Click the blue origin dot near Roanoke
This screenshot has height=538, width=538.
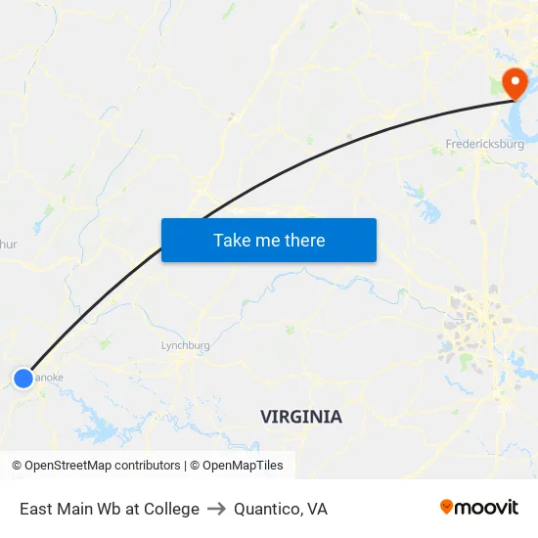(23, 378)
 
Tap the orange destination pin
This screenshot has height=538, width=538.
(513, 81)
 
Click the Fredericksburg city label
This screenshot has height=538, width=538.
(484, 144)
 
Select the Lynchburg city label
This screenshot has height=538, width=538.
(185, 345)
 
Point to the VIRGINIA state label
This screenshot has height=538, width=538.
(301, 417)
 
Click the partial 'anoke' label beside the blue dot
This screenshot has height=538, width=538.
(50, 376)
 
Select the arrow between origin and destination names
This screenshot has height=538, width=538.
(216, 509)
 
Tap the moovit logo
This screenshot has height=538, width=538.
(479, 507)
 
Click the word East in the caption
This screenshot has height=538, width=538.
(36, 509)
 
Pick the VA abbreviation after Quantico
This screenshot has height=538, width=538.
(317, 509)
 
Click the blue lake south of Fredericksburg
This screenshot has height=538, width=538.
(427, 208)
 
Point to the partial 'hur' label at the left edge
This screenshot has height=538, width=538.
(8, 246)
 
